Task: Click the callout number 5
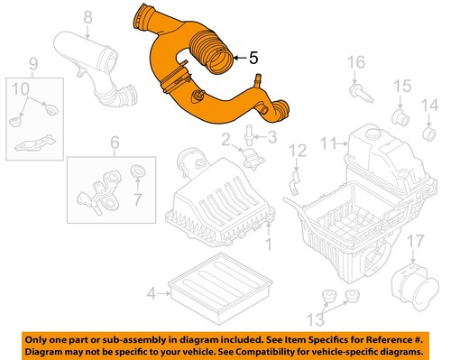coord(254,59)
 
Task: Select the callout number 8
coord(87,16)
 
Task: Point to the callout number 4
coord(152,292)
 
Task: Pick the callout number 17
coord(414,241)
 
